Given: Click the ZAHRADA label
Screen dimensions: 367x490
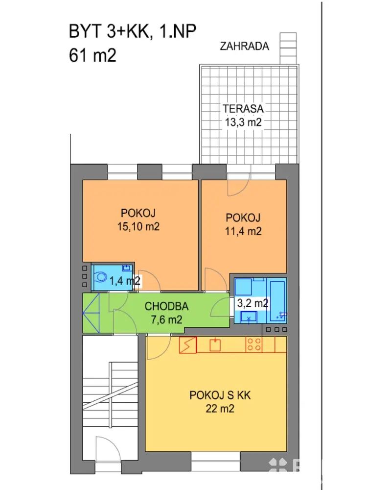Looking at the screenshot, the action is (x=244, y=46).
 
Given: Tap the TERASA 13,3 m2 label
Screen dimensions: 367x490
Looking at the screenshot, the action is (x=243, y=115).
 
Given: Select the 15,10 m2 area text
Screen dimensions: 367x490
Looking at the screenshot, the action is (x=138, y=226).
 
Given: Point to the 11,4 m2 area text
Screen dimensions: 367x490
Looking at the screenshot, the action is (x=243, y=231).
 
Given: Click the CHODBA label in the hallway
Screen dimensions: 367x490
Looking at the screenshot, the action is (x=167, y=306).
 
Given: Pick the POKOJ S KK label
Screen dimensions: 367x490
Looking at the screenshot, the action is (x=220, y=395).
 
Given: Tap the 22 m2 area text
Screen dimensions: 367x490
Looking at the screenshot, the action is (x=220, y=409).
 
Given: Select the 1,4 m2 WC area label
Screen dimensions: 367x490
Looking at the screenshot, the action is (x=124, y=281).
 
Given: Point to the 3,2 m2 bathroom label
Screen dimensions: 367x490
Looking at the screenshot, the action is (x=252, y=303).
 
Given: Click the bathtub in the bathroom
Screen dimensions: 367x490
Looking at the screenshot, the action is (x=278, y=301).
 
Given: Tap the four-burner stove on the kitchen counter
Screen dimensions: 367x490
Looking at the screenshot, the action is (x=253, y=344).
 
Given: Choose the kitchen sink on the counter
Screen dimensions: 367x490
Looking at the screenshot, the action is (x=215, y=345).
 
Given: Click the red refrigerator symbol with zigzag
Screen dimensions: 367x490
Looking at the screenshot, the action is (x=188, y=344).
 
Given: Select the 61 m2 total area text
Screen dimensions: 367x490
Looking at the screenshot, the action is (x=92, y=56).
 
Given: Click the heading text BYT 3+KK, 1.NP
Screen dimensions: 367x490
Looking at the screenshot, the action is (x=133, y=31).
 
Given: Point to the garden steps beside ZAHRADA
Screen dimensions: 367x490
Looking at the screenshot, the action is (x=288, y=49).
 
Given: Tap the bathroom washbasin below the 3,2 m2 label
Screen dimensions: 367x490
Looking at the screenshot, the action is (x=249, y=316).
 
